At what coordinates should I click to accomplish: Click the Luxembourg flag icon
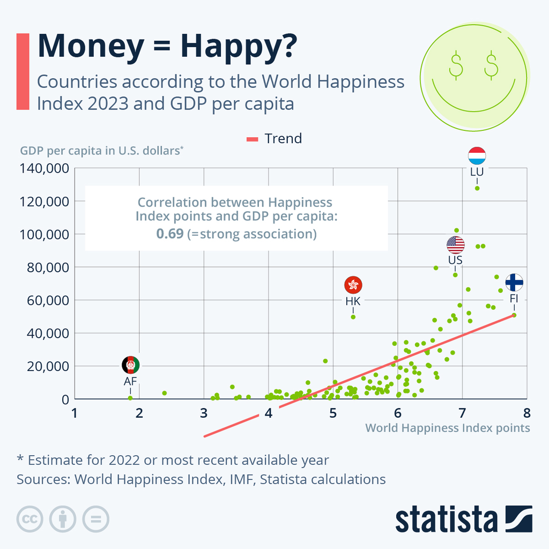coord(477,155)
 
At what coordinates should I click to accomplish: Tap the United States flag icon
coord(455,244)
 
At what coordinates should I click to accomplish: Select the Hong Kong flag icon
coord(353,285)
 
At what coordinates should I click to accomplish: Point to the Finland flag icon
coord(514,282)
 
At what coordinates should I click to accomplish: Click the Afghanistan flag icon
coord(130,365)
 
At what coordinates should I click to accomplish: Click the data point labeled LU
coord(477,188)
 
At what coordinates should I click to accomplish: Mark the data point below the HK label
coord(353,317)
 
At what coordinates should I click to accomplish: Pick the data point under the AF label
coord(130,398)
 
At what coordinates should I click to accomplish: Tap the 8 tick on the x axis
coord(526,413)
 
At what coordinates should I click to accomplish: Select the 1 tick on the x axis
coord(75,413)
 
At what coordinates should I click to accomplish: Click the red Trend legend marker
coord(253,139)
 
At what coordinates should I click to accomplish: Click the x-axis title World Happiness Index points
coord(447,428)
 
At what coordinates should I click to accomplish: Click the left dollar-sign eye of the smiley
coord(456,65)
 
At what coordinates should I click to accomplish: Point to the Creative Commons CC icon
coord(29,518)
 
